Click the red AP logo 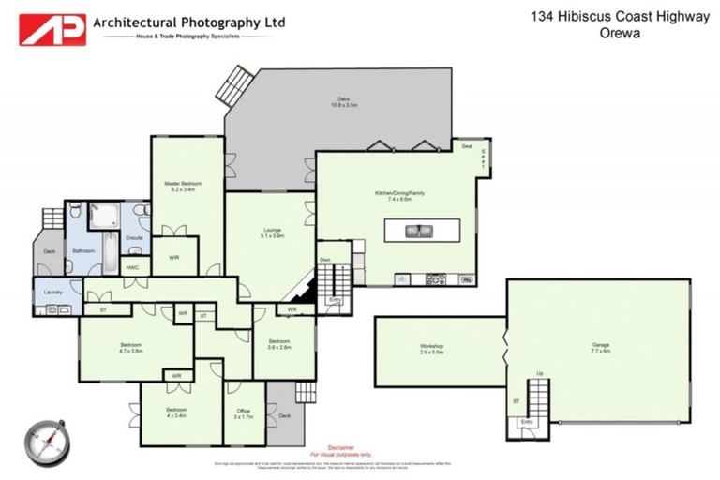tap(52, 28)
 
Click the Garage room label tap(599, 344)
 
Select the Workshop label tap(431, 347)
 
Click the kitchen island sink tap(418, 230)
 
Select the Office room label tap(244, 411)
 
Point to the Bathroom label tap(84, 250)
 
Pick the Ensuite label tap(134, 238)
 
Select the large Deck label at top tap(344, 101)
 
